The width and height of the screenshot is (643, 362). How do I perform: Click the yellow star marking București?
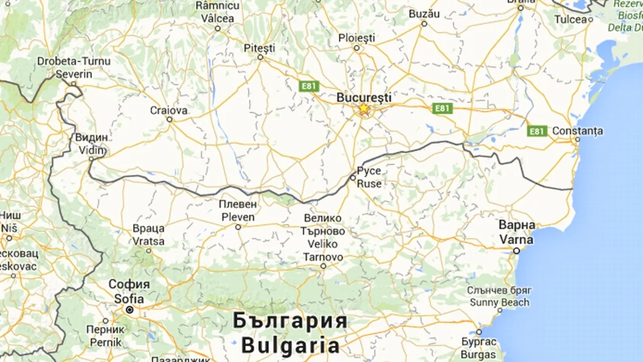(x=363, y=109)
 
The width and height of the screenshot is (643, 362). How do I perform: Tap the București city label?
(x=364, y=97)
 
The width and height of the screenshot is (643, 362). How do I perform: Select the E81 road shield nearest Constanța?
(x=537, y=131)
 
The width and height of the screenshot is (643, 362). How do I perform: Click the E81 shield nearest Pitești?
(x=308, y=86)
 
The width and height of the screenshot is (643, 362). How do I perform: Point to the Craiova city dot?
(x=169, y=120)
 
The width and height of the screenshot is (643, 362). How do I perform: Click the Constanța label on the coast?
(x=578, y=131)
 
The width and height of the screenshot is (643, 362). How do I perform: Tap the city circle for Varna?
(x=516, y=250)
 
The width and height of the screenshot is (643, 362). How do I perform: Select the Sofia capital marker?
(x=130, y=310)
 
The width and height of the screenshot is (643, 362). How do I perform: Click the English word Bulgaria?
(x=290, y=345)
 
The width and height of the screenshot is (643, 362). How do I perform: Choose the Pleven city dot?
(x=238, y=227)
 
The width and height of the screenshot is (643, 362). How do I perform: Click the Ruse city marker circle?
(x=353, y=177)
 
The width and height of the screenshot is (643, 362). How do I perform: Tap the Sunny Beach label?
(x=499, y=302)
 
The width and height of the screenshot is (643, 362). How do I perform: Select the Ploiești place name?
(x=357, y=38)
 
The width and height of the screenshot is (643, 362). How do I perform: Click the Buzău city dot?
(x=424, y=24)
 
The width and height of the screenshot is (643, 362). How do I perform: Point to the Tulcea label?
(x=570, y=20)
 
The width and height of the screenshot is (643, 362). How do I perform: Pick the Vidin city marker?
(x=91, y=159)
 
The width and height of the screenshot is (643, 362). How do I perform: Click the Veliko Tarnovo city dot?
(x=324, y=266)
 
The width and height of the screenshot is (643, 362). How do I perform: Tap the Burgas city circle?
(x=478, y=332)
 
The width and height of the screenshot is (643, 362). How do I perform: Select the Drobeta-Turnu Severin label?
(x=74, y=67)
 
